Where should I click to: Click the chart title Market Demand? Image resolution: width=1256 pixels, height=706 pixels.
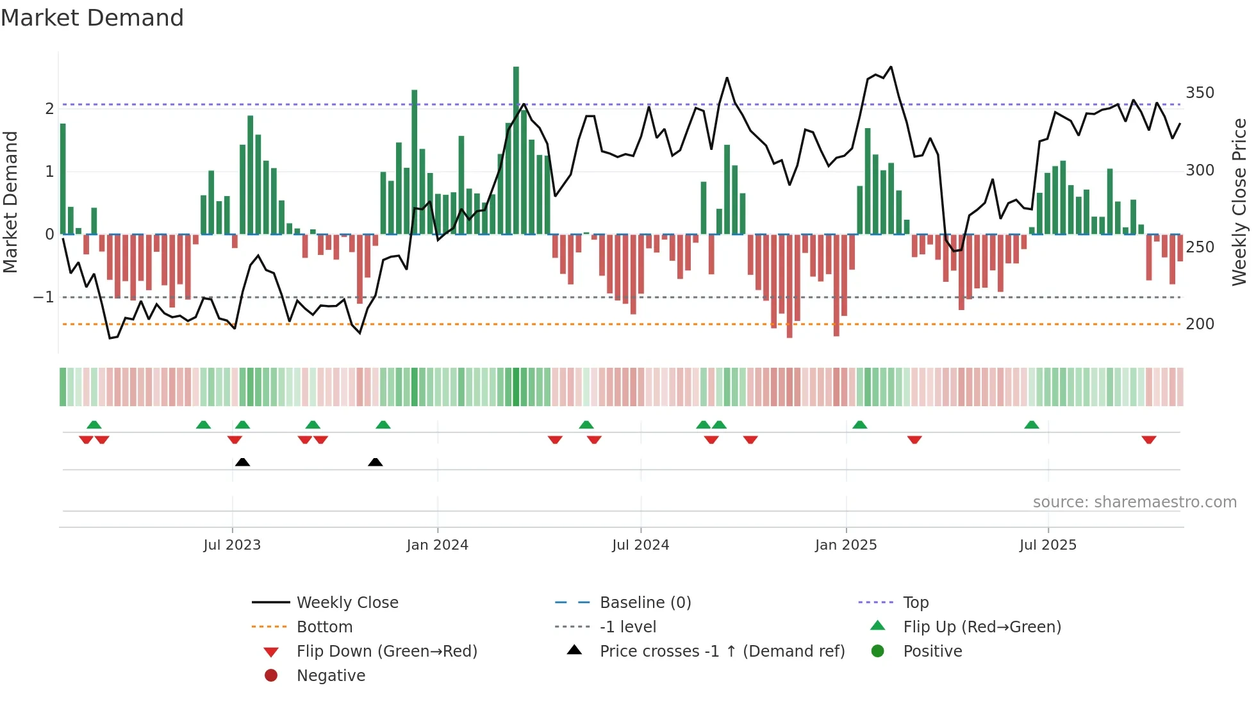92,18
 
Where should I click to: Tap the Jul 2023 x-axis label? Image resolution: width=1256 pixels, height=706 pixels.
232,545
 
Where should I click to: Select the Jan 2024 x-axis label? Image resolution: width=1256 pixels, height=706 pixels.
438,545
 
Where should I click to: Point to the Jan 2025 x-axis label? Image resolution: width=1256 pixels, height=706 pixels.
846,545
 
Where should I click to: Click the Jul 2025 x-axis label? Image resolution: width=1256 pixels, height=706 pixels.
1048,545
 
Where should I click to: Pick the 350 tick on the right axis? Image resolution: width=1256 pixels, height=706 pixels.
1200,93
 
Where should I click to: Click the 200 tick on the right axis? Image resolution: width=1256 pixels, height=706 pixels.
1200,324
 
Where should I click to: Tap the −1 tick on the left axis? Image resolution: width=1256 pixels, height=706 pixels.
44,297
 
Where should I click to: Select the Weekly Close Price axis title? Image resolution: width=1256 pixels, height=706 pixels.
1239,202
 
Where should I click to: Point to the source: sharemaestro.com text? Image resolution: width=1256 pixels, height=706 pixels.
1134,502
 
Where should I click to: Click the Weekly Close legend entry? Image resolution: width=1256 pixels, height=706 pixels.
347,603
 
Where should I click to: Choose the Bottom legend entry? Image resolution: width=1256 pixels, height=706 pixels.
324,627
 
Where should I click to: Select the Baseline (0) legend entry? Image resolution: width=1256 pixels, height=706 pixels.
645,603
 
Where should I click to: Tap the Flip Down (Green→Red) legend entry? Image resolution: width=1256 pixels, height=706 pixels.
386,652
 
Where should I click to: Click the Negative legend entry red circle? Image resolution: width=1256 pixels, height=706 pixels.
271,676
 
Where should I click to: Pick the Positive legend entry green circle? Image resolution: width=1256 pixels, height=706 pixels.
878,652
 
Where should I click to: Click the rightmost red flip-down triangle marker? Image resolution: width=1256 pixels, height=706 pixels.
1149,439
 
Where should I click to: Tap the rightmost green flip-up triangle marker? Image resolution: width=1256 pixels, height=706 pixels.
1032,425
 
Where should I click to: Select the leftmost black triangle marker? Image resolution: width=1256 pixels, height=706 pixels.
242,462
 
